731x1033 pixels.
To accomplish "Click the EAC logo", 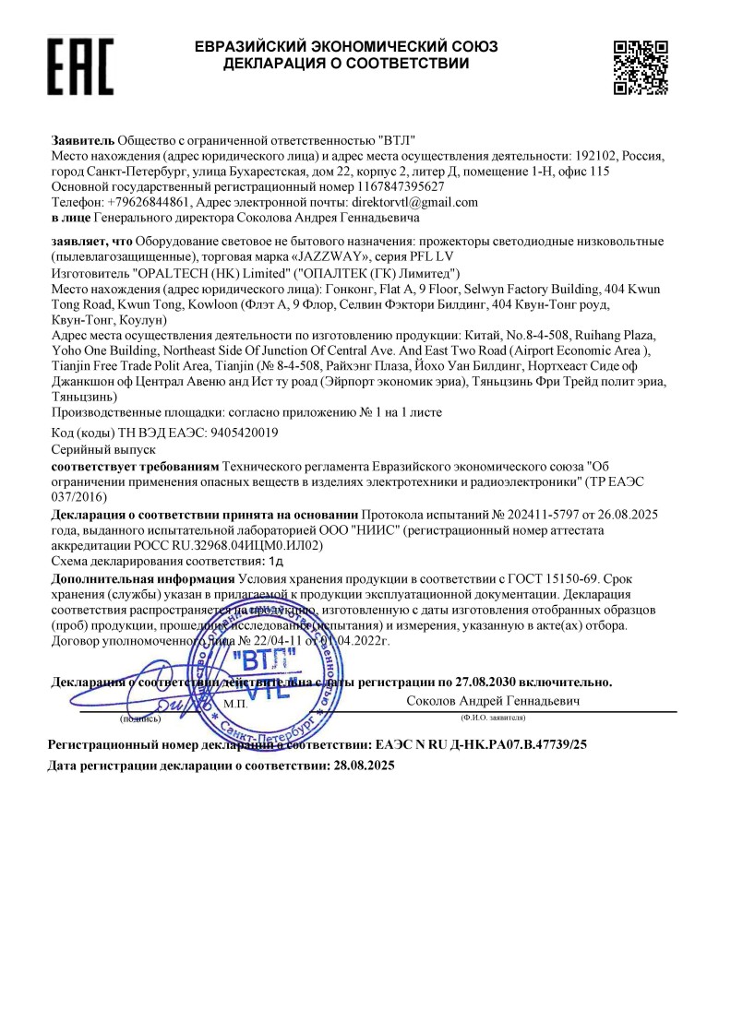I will pyautogui.click(x=79, y=67).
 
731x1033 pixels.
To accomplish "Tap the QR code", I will pyautogui.click(x=641, y=66).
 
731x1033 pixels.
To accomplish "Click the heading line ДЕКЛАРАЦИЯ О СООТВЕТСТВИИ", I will pyautogui.click(x=345, y=64).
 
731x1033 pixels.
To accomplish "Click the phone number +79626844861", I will pyautogui.click(x=149, y=202).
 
